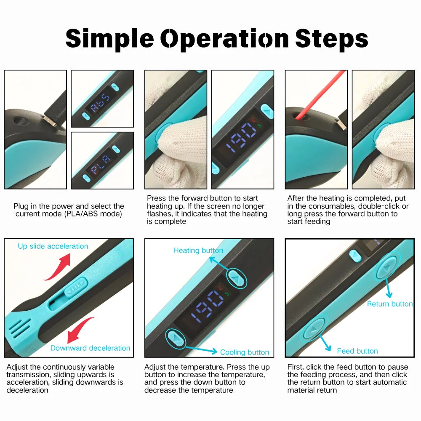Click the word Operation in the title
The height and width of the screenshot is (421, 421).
tap(224, 39)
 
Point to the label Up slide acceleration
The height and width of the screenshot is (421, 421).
tap(53, 246)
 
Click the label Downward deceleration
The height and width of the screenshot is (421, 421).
tap(90, 348)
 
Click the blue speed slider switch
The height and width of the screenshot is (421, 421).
tap(76, 287)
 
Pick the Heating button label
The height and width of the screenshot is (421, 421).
tap(198, 250)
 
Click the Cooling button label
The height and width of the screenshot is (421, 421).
tap(245, 352)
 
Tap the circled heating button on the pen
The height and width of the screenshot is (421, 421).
tap(236, 279)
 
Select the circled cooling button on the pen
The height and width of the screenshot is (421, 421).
tap(176, 338)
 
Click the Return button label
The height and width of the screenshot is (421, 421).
tap(390, 304)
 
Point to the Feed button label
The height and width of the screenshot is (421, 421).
tap(357, 351)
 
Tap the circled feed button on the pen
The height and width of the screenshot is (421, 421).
tap(314, 328)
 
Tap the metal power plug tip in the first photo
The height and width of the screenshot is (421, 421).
tap(52, 121)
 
